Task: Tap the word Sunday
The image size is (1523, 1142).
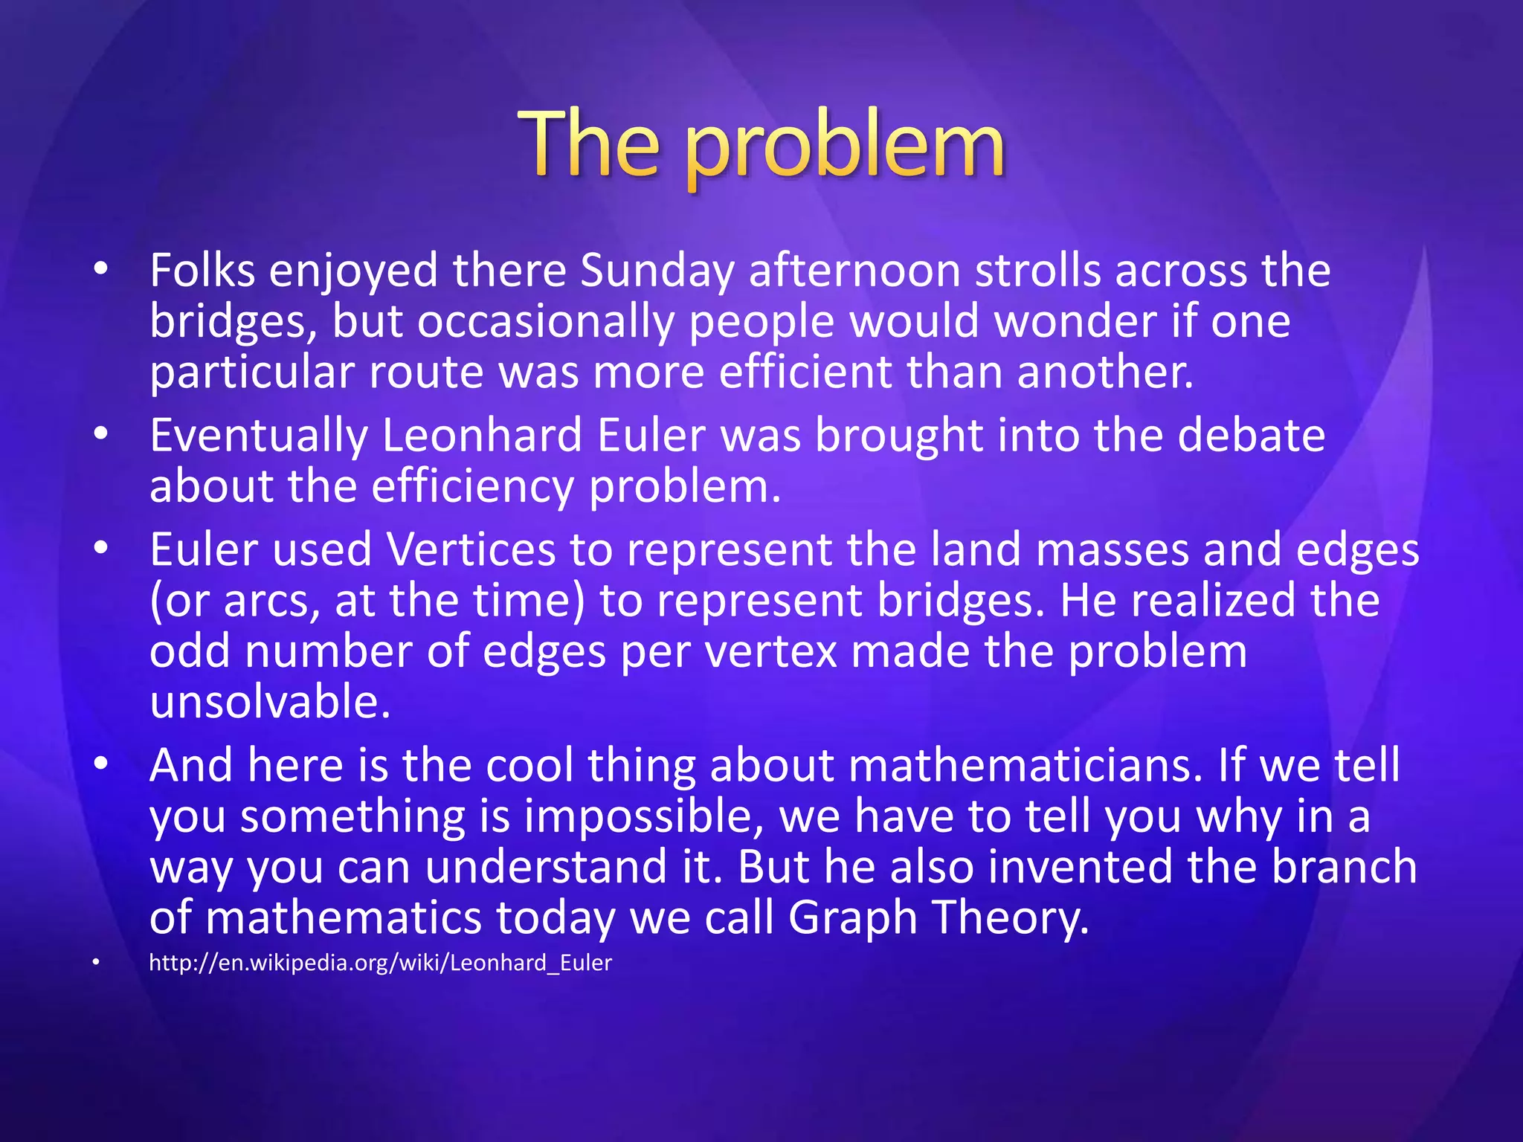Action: (657, 271)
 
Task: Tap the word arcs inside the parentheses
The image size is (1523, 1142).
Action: (266, 601)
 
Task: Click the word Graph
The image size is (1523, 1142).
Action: (853, 918)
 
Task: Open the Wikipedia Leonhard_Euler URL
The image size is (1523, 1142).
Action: (380, 963)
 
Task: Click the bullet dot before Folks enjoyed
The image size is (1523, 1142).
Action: (101, 269)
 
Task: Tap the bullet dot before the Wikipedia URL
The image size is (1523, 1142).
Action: (95, 964)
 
